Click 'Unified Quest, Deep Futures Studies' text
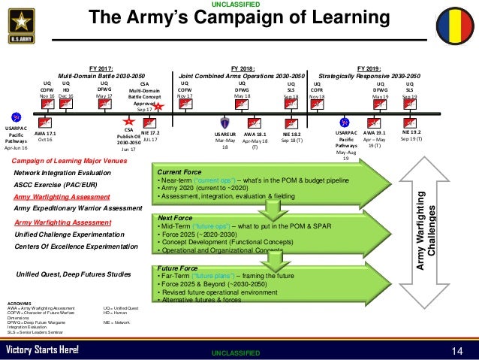coord(73,274)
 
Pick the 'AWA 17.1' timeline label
coord(44,133)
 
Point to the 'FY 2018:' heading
coord(244,67)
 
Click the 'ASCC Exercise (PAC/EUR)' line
coord(59,185)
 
